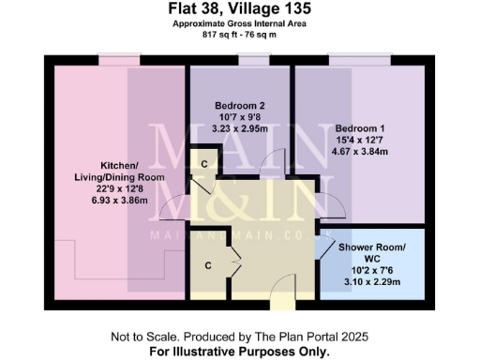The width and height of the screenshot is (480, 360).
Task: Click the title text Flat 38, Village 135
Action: point(239,10)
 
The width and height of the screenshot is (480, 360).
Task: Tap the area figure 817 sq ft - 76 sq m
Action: point(239,35)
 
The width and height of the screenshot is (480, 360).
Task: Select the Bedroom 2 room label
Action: point(240,104)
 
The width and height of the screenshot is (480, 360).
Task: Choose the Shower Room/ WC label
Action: point(372,254)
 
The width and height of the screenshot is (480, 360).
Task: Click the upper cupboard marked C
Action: point(202,163)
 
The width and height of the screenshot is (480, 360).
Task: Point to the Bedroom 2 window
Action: point(252,60)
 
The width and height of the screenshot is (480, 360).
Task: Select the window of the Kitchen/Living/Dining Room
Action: point(119,60)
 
